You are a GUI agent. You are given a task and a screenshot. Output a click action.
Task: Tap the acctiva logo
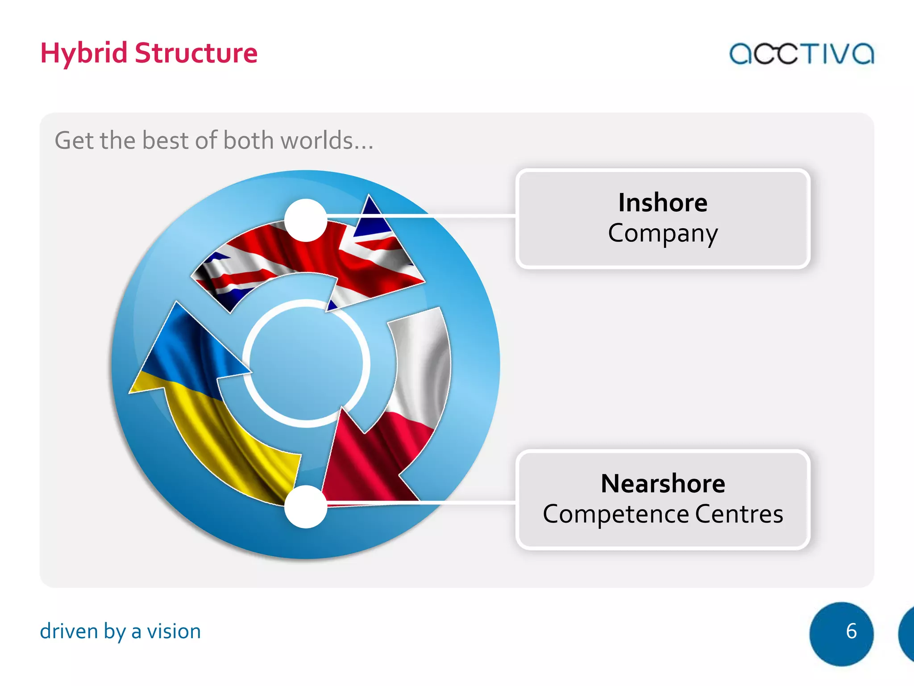click(801, 54)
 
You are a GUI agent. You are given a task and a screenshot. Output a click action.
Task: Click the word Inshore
click(663, 203)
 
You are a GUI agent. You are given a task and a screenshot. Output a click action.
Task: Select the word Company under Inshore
click(663, 234)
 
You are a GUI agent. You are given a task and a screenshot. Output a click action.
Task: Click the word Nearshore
click(663, 484)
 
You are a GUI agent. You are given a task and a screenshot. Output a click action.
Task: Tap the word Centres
click(739, 514)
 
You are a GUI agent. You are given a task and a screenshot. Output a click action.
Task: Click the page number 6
click(851, 632)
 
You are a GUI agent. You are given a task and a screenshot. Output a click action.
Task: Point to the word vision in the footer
click(174, 632)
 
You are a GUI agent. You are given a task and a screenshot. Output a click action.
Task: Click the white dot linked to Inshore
click(306, 220)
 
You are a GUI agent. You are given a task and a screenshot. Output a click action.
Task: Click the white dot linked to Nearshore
click(306, 506)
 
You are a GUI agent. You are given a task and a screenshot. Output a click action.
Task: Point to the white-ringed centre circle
click(306, 363)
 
